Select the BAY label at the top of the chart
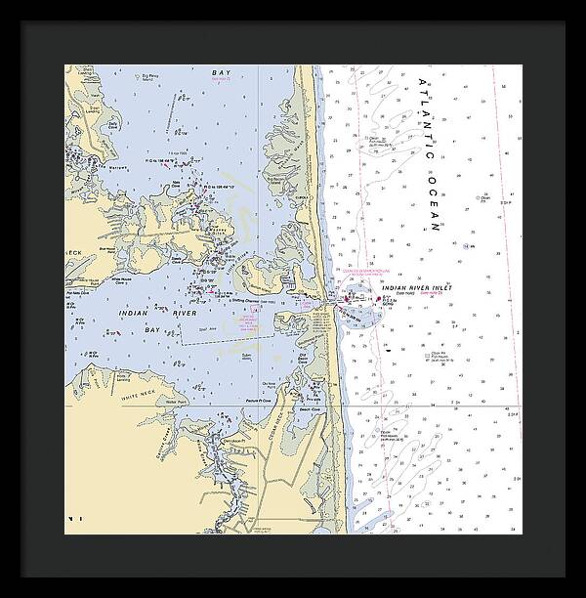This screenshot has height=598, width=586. click(218, 73)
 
